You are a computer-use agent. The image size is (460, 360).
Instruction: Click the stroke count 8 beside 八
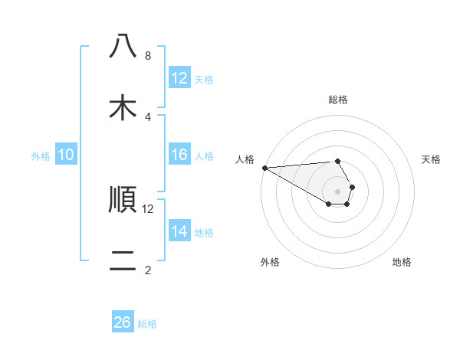tap(147, 56)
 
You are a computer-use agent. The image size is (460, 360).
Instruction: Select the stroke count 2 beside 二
tap(147, 270)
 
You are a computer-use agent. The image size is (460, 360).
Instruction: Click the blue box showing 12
tap(179, 78)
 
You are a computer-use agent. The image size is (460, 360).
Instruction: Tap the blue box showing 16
tap(179, 155)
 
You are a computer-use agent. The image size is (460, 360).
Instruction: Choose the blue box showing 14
tap(179, 232)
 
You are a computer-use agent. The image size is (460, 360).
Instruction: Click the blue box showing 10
tap(66, 155)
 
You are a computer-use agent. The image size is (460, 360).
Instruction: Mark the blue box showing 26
tap(123, 323)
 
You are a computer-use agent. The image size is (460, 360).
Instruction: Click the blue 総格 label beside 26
tap(147, 324)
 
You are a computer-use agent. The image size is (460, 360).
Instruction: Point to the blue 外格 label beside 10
tap(41, 156)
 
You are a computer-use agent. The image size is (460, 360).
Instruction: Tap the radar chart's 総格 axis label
tap(337, 100)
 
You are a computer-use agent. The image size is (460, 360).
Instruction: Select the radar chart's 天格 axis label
tap(432, 159)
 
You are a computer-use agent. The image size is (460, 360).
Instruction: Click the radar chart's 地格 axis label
tap(402, 262)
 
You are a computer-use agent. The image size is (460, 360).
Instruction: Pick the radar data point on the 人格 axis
tap(264, 168)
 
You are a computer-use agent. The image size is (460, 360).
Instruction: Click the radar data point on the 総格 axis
tap(337, 161)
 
